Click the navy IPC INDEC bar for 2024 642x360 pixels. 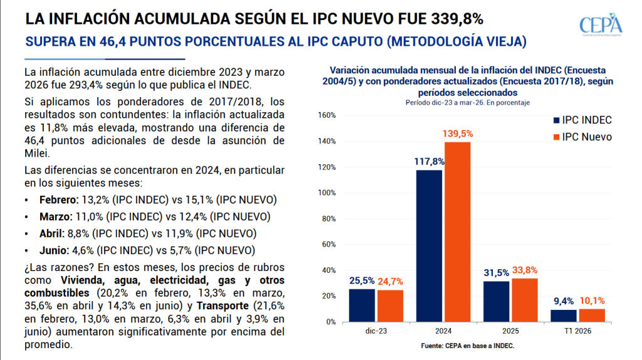pyautogui.click(x=429, y=245)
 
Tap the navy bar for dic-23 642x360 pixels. pyautogui.click(x=362, y=305)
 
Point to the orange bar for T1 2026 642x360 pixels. pyautogui.click(x=591, y=315)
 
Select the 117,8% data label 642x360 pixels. pyautogui.click(x=429, y=162)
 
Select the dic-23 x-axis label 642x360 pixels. pyautogui.click(x=376, y=331)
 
